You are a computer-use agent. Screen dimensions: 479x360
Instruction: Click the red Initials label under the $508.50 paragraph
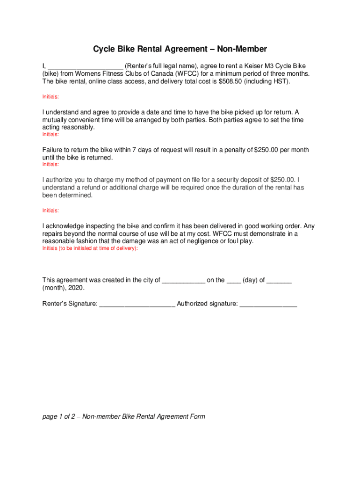tap(50, 97)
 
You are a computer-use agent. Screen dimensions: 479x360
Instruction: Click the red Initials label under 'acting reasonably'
tap(50, 134)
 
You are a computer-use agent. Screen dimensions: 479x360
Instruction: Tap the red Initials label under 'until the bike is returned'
tap(50, 165)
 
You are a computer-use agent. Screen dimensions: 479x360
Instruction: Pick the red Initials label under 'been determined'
tap(50, 210)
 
